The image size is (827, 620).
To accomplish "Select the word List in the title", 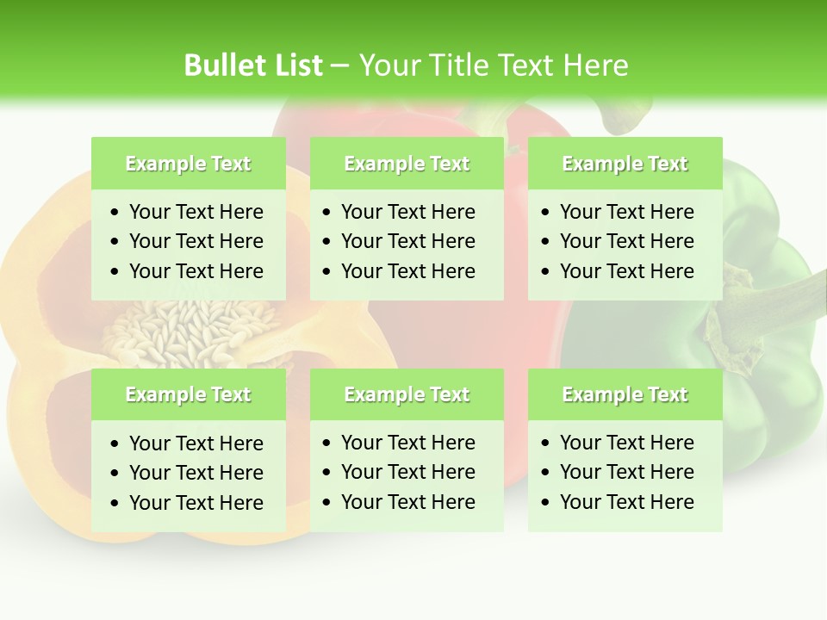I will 295,65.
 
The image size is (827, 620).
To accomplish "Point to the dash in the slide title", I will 339,66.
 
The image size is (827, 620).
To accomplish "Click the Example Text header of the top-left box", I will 188,164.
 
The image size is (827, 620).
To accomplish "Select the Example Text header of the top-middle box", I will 407,164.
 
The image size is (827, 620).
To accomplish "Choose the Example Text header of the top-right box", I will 625,164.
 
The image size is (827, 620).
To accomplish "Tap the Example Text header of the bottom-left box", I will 188,394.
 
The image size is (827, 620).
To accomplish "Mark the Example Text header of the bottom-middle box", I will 407,394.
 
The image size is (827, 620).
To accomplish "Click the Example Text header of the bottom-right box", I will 625,394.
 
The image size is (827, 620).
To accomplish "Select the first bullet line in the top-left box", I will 196,212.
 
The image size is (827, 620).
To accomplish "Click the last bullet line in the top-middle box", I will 407,271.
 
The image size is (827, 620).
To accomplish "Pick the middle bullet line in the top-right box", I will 626,241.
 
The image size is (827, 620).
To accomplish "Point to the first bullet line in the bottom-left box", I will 196,443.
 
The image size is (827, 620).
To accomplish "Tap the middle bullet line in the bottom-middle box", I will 407,472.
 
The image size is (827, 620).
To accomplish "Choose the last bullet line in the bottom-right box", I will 626,502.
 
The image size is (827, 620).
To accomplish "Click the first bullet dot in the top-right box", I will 545,213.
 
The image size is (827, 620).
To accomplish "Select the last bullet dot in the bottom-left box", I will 115,503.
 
